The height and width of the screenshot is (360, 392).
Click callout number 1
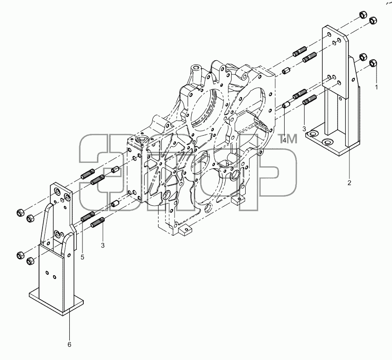coord(376,87)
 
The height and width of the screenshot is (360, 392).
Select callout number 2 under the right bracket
coord(349,183)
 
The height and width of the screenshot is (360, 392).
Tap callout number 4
coord(284,140)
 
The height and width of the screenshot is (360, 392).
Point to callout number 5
coord(82,257)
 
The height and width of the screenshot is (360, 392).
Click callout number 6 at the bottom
coord(69,345)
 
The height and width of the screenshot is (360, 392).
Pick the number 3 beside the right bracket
coord(304,129)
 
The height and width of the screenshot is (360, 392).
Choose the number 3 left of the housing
coord(103,245)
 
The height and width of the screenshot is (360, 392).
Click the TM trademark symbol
coord(288,139)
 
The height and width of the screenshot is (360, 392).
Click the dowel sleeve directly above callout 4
coord(286,105)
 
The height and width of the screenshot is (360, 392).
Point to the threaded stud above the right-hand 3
coord(310,100)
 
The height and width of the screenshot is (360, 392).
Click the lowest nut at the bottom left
coord(30,261)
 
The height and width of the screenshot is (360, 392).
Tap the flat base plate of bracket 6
coord(56,301)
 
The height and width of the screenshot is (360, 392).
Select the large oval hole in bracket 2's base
coord(327,142)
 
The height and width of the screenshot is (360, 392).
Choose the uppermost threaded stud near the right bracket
coord(300,52)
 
